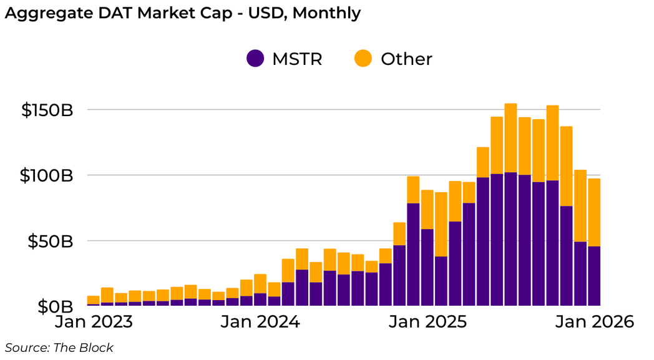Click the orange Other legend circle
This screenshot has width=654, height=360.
tap(363, 59)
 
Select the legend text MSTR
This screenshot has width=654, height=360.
tap(297, 59)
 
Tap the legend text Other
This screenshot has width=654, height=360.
tap(406, 59)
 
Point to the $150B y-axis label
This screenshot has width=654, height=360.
tap(47, 110)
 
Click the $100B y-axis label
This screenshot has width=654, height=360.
tap(47, 176)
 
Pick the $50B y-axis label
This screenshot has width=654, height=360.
tap(51, 241)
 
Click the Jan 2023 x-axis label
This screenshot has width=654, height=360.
tap(93, 323)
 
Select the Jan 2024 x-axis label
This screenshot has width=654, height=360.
tap(260, 323)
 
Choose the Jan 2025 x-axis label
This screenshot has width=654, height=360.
tap(427, 323)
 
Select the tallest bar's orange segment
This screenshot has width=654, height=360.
tap(510, 138)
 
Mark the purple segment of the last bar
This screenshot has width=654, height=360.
tap(594, 276)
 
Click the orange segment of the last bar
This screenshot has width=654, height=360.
tap(594, 212)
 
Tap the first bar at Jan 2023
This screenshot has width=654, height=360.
tap(93, 300)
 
